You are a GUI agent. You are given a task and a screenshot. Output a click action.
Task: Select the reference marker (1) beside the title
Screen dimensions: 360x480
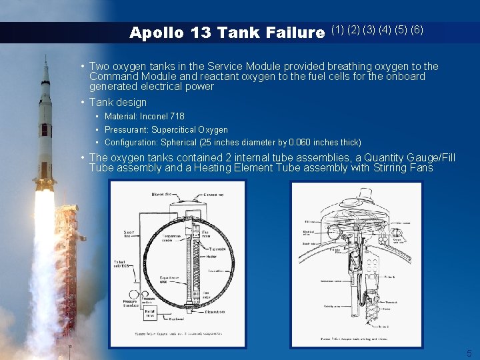click(337, 30)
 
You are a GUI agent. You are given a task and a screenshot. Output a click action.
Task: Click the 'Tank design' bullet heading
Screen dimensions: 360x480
click(118, 103)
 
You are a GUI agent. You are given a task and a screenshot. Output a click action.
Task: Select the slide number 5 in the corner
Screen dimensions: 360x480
click(469, 353)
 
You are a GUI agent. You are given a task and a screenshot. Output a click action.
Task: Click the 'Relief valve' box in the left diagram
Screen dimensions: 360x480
click(151, 312)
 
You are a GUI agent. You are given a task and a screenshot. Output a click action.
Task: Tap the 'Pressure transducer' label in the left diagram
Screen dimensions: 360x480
click(131, 300)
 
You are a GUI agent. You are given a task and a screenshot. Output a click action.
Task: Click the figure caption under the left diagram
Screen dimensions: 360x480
click(178, 334)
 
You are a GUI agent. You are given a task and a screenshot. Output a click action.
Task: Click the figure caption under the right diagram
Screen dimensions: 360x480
click(355, 340)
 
